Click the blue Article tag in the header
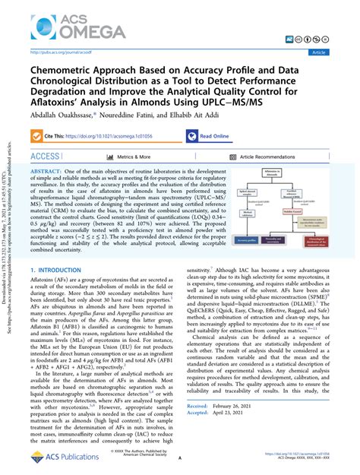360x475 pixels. [338, 52]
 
